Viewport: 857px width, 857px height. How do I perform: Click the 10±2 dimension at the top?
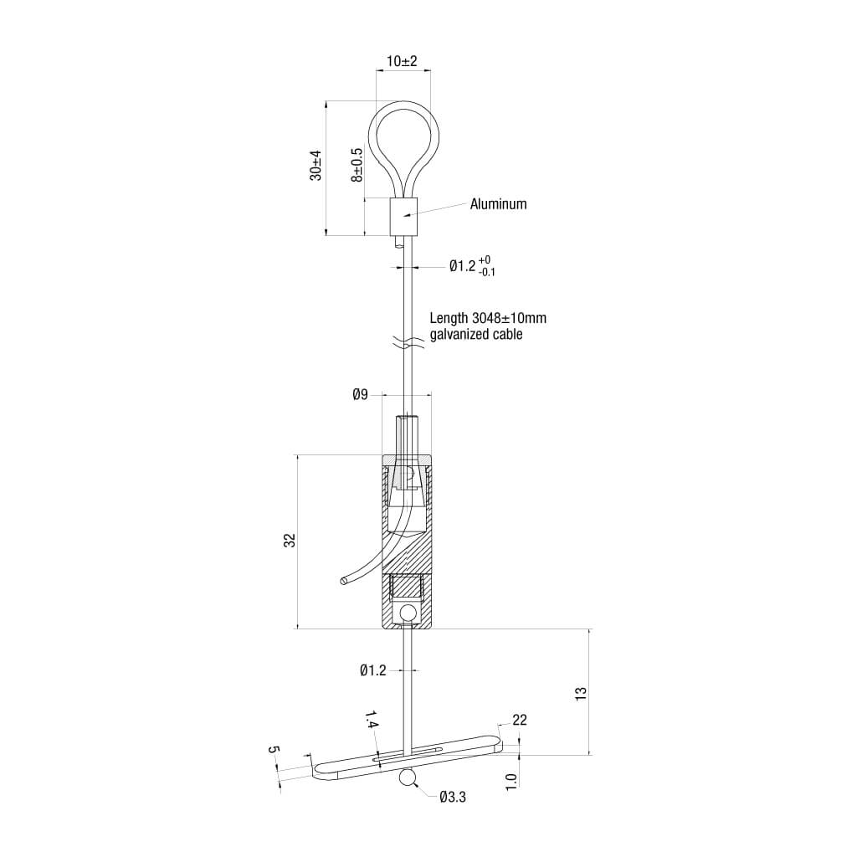(x=402, y=62)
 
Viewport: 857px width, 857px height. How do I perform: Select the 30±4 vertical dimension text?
(x=316, y=165)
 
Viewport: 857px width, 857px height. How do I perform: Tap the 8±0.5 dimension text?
(x=357, y=165)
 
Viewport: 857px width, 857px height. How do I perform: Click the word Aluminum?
(x=498, y=203)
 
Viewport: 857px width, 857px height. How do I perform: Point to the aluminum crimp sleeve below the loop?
(x=403, y=217)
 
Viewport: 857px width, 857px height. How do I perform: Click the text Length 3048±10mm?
(x=488, y=318)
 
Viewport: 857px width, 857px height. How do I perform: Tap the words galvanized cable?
(x=475, y=335)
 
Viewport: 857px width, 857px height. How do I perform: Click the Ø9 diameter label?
(x=359, y=393)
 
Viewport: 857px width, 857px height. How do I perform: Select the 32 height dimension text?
(x=290, y=541)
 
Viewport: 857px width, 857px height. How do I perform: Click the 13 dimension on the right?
(x=582, y=693)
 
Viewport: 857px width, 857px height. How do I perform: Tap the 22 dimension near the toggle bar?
(x=519, y=720)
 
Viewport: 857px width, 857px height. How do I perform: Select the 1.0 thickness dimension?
(x=511, y=780)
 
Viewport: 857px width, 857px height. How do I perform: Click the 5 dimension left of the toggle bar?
(x=273, y=750)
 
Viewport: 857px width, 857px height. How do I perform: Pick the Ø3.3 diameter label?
(x=452, y=798)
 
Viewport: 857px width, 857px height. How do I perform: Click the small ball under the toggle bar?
(x=408, y=777)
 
